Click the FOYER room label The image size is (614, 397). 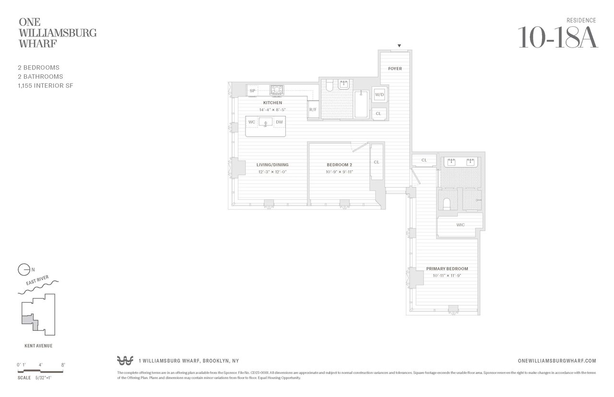coord(395,69)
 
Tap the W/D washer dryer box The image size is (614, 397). coord(379,95)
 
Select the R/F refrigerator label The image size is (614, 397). coord(313,110)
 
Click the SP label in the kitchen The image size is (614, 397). coord(252,91)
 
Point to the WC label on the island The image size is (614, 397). coord(251,122)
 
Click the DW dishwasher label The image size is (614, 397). coord(279,122)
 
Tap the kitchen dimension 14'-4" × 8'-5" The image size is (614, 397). coord(272,110)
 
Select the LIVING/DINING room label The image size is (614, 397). coord(272,165)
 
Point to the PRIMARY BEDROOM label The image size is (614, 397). coord(447,269)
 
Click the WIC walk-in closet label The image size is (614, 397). coord(460,224)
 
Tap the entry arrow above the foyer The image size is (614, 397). coord(399,46)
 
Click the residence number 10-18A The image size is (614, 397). coord(558,38)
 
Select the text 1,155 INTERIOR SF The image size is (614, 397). coord(45,85)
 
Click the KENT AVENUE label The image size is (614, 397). coord(38,345)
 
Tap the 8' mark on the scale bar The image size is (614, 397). coord(63,365)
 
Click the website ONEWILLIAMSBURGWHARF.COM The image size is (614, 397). coord(557,361)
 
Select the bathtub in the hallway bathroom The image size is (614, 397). coord(361,104)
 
